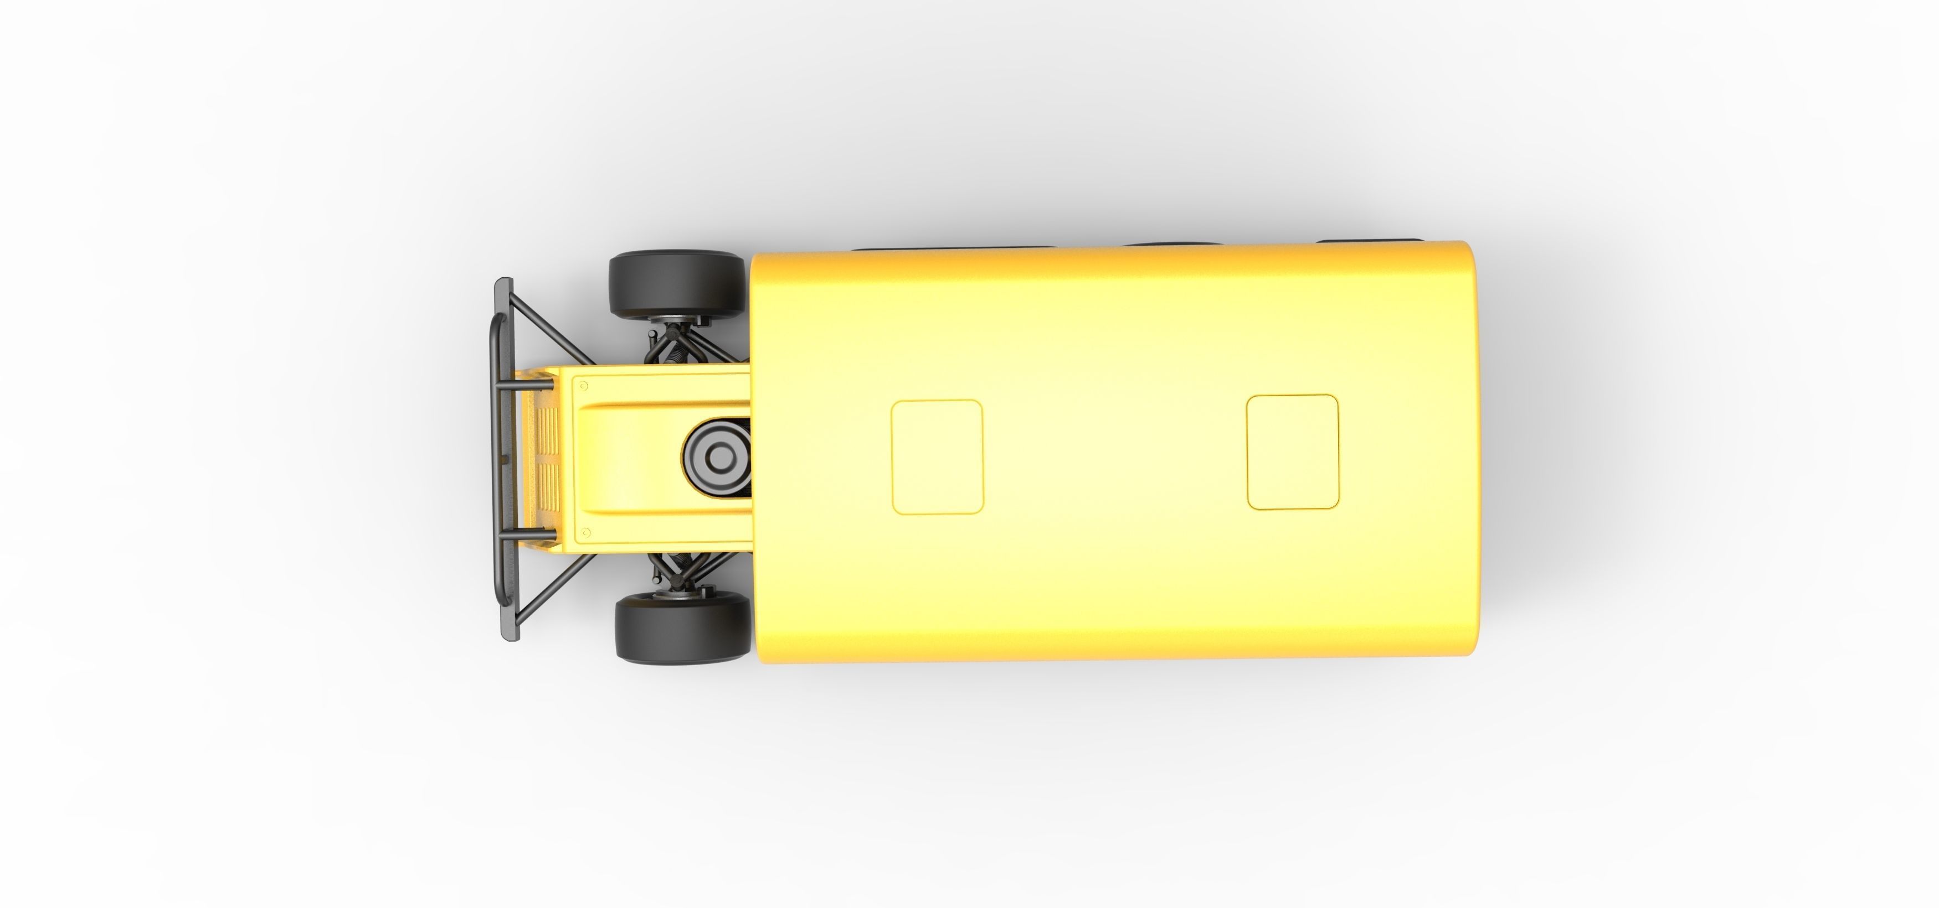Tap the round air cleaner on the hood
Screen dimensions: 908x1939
[717, 456]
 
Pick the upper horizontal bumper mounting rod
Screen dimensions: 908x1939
[526, 386]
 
